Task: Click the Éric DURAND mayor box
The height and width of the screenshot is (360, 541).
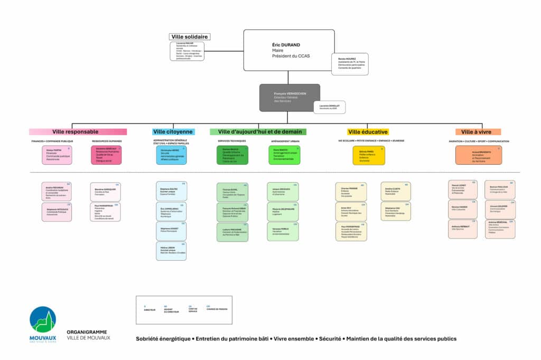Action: [288, 50]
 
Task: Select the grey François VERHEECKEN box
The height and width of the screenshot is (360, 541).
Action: [290, 98]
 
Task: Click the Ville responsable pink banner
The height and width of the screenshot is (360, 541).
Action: [78, 132]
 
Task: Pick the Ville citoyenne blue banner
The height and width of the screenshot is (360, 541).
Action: [173, 132]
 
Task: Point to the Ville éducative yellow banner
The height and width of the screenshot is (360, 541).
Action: [368, 132]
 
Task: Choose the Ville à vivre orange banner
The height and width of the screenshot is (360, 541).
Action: [478, 132]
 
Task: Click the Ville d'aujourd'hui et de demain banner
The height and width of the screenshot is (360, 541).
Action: [258, 132]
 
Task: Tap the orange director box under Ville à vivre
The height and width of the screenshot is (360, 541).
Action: [478, 155]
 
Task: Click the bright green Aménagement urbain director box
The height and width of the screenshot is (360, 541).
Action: [284, 155]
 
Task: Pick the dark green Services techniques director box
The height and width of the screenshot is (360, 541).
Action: [231, 155]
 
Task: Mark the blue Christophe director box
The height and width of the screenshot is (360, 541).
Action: [171, 155]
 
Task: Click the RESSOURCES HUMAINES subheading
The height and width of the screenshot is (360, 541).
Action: [107, 141]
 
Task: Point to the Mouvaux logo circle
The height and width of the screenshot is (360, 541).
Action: [43, 320]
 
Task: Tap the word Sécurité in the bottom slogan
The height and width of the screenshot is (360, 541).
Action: [330, 339]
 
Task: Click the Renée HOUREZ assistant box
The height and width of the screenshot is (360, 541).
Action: [348, 62]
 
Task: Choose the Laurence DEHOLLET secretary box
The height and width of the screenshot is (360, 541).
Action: [329, 107]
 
